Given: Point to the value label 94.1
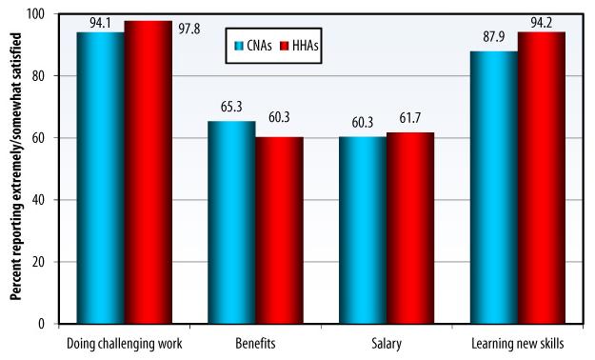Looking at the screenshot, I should click(101, 24).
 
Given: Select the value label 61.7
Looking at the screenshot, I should click(410, 124).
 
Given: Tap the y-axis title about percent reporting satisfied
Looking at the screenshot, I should click(16, 169).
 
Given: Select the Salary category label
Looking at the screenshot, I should click(387, 341).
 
